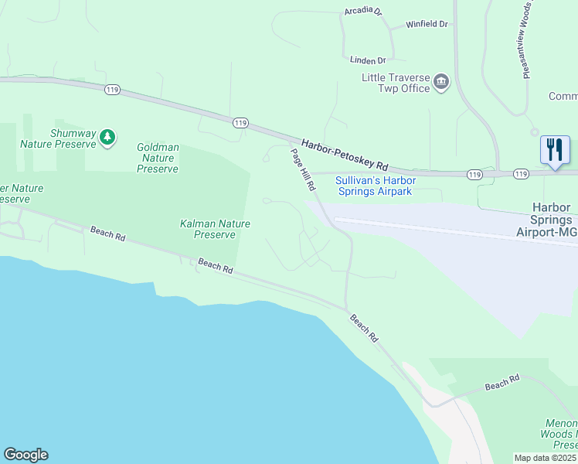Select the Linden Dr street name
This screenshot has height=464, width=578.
pyautogui.click(x=367, y=60)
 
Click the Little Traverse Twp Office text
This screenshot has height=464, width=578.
pyautogui.click(x=396, y=83)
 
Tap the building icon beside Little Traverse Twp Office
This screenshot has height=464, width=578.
pyautogui.click(x=441, y=82)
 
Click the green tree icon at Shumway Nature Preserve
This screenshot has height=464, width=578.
pyautogui.click(x=107, y=138)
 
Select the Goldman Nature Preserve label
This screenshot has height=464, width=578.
pyautogui.click(x=158, y=158)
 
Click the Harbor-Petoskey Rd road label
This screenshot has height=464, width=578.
pyautogui.click(x=345, y=156)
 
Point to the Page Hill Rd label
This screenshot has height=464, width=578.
pyautogui.click(x=304, y=170)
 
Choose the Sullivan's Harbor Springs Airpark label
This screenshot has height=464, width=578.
pyautogui.click(x=374, y=186)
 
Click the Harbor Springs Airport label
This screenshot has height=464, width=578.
pyautogui.click(x=551, y=220)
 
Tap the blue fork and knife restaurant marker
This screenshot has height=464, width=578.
pyautogui.click(x=555, y=150)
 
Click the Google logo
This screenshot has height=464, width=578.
pyautogui.click(x=25, y=455)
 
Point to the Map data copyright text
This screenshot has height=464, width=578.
pyautogui.click(x=546, y=458)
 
